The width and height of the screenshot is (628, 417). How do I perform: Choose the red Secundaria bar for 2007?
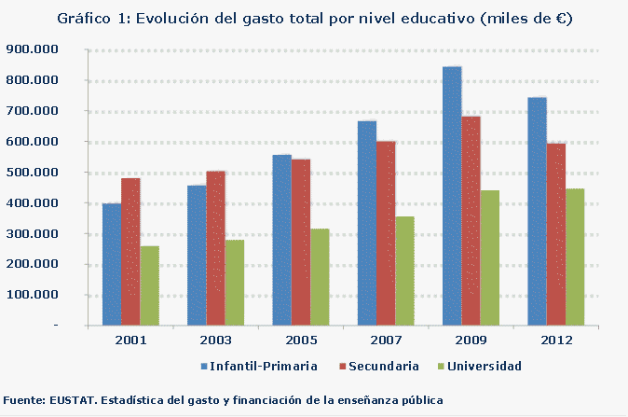click(385, 233)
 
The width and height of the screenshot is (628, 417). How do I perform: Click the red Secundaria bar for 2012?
click(555, 234)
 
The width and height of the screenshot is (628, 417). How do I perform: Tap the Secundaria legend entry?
click(383, 365)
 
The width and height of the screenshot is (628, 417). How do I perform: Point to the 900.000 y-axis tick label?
click(32, 49)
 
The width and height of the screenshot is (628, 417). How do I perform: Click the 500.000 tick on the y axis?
click(32, 173)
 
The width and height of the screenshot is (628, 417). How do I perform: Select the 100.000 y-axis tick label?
click(32, 295)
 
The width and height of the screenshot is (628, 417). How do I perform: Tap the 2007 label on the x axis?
click(384, 341)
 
